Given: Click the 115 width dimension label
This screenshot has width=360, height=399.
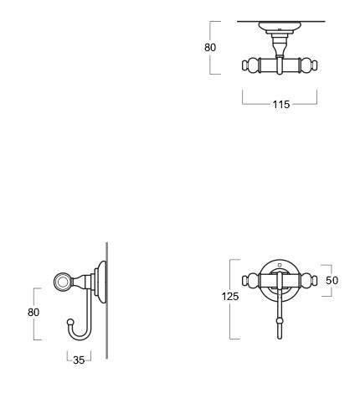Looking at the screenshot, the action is coord(281,105).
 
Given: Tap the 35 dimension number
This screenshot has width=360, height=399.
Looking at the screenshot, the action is coord(79,360).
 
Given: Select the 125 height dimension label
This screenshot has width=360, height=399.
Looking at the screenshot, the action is coord(230,297).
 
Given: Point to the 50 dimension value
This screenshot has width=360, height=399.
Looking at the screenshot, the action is coord(332,280).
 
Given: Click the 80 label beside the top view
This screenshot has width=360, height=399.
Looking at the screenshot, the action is coord(210,48).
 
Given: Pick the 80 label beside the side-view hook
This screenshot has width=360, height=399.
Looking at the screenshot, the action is coord(33,312).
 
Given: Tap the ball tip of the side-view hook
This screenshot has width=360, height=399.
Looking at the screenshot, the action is coord(70,322).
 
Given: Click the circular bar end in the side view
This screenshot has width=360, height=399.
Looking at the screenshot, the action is coord(63,281).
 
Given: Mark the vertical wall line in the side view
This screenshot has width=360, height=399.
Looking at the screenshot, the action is coord(107,300).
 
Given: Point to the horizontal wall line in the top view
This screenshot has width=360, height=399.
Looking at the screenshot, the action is coord(281,21).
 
